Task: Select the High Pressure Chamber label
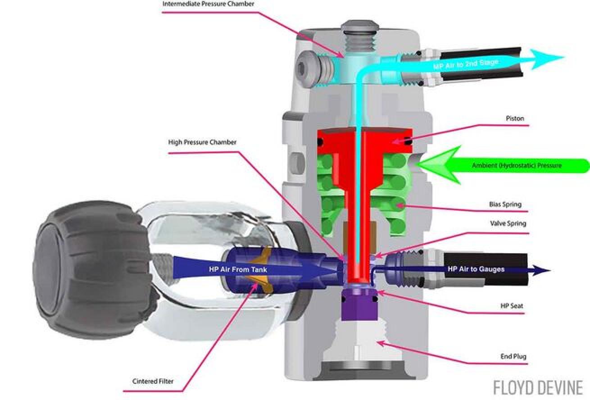click(202, 142)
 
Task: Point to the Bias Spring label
click(505, 205)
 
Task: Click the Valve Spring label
click(508, 223)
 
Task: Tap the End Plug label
click(513, 357)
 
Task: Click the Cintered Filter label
click(153, 382)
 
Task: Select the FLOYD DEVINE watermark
click(538, 387)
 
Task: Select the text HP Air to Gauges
click(476, 269)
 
